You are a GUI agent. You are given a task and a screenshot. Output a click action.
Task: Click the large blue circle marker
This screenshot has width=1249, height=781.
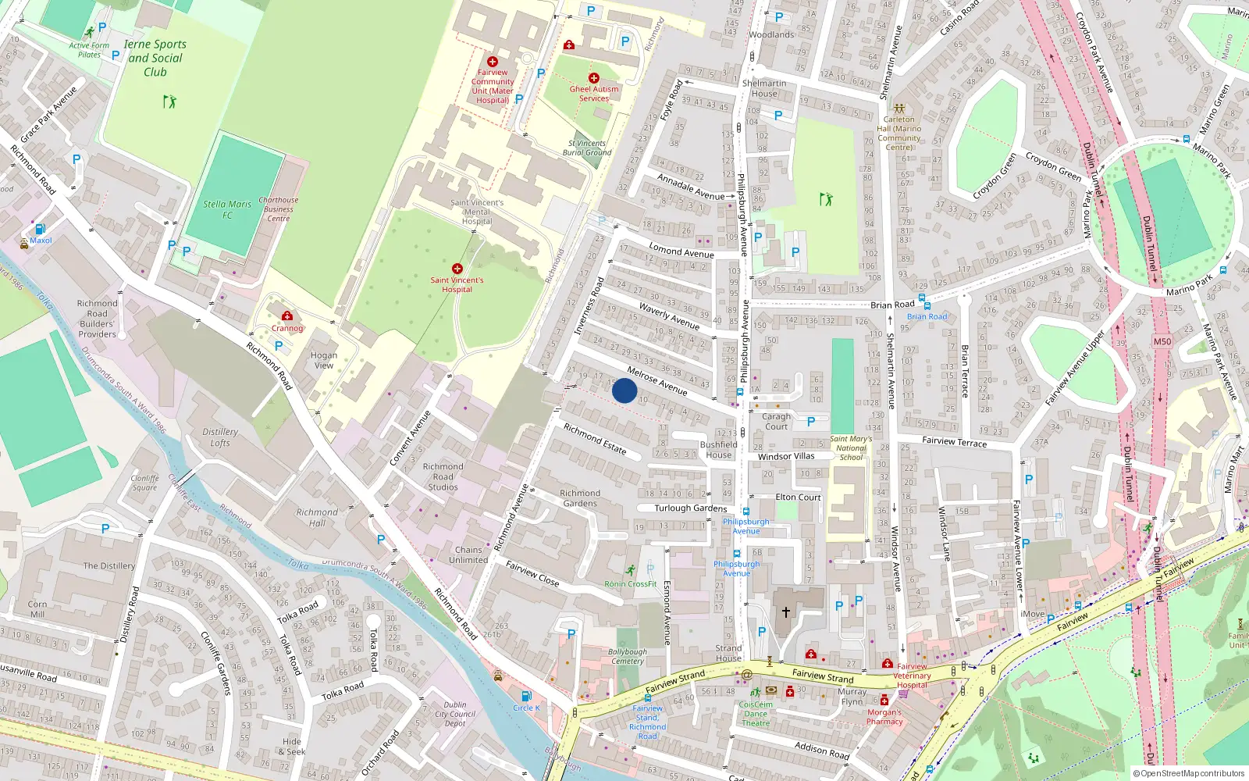624,390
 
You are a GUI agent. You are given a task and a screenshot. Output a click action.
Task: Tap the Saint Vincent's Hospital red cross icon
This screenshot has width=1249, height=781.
457,269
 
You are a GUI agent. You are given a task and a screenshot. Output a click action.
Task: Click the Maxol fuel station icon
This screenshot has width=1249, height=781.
40,230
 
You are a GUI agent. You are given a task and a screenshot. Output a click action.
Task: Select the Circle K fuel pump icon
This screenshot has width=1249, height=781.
526,696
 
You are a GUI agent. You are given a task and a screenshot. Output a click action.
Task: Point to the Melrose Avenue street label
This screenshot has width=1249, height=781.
657,381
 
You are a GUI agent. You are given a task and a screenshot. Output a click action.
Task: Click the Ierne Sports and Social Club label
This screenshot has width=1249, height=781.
155,58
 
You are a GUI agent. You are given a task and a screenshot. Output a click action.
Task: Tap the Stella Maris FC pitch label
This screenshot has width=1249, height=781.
227,209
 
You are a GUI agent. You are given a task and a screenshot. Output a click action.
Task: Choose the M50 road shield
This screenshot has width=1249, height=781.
1162,341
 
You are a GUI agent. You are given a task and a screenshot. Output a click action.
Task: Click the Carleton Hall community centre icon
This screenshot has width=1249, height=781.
899,109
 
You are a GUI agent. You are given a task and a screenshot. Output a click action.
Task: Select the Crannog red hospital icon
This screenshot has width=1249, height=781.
287,316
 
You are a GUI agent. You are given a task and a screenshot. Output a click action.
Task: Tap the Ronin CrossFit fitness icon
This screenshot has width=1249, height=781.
631,571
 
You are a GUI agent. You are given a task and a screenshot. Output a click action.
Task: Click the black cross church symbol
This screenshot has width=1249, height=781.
786,612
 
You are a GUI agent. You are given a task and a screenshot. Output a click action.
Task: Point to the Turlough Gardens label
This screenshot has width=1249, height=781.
690,508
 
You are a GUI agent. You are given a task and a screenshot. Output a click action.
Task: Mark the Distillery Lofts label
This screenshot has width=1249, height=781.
220,437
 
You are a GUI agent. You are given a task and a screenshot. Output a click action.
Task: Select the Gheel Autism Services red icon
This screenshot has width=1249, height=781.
594,78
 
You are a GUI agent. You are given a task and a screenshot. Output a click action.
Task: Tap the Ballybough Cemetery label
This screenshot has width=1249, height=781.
628,656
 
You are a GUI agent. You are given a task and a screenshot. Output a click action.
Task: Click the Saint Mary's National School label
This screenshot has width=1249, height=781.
851,448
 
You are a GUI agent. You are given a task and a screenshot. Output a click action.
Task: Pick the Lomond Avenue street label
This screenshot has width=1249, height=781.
681,251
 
